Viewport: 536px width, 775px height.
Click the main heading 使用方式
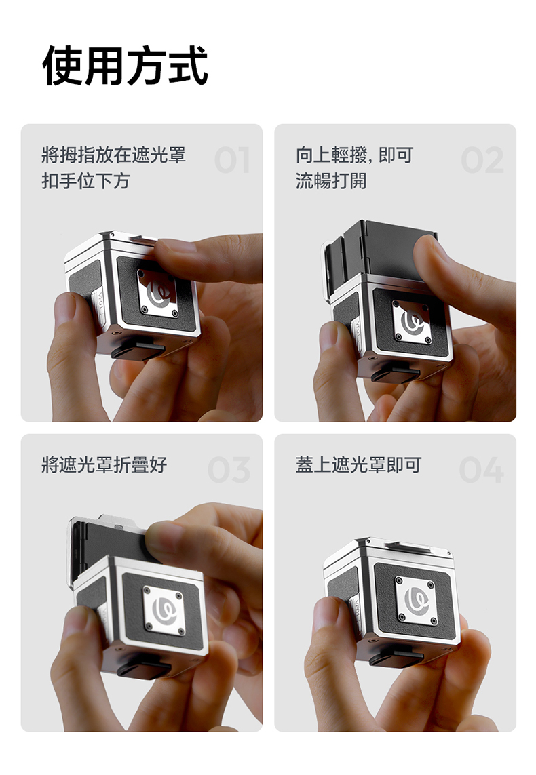click(125, 66)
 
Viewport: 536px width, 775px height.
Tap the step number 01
click(232, 160)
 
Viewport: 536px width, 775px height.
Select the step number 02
click(482, 160)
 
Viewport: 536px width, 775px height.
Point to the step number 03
click(229, 470)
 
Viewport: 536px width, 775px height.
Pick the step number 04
click(481, 470)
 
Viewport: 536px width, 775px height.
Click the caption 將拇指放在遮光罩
click(114, 155)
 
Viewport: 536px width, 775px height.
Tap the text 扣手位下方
click(86, 181)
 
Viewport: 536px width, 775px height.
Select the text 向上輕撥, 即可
click(354, 155)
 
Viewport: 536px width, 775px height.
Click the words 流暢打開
click(331, 181)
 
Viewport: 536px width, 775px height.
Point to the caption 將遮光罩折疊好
click(104, 464)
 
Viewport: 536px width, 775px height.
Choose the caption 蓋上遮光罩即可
click(358, 464)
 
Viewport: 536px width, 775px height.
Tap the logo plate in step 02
click(412, 321)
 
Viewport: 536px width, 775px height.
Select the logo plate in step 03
click(164, 610)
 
